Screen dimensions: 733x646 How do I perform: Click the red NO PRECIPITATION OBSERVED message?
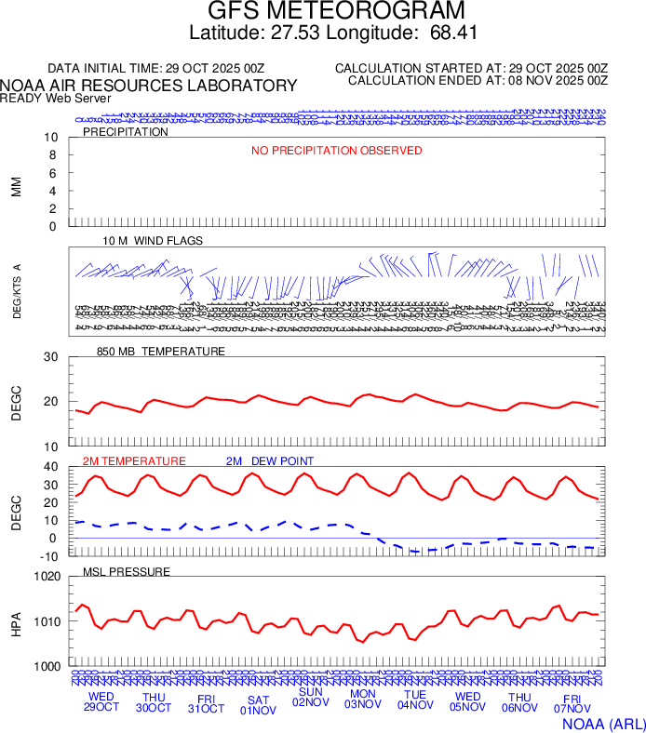pos(337,151)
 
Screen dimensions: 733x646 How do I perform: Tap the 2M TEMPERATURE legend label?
pos(134,461)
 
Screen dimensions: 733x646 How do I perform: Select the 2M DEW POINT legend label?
pos(270,461)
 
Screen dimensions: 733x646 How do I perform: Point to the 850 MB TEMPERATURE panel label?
pos(161,352)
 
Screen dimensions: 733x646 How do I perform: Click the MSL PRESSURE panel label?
pos(127,571)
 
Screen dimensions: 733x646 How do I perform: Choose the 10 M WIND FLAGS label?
pos(153,240)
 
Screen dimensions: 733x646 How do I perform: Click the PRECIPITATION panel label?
pos(126,132)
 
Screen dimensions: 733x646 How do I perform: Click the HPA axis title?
pos(16,621)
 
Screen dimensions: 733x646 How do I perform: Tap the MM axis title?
pos(16,186)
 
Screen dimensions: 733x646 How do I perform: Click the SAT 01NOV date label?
pos(259,704)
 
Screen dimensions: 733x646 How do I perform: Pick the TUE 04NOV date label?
pos(415,700)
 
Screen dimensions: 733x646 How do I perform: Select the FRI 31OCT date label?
pos(206,704)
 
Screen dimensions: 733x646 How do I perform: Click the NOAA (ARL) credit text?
pos(602,722)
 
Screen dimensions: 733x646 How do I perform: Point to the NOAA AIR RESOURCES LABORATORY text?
pos(149,86)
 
